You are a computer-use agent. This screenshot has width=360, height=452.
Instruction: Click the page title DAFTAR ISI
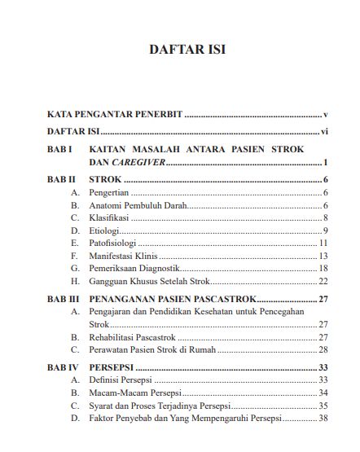click(x=187, y=50)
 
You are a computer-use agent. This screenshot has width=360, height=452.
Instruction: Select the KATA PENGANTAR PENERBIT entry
click(x=114, y=115)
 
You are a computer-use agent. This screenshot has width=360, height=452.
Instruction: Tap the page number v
click(x=325, y=115)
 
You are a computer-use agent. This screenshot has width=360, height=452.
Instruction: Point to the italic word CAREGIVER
click(x=139, y=163)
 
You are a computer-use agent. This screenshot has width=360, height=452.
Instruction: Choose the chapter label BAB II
click(x=62, y=180)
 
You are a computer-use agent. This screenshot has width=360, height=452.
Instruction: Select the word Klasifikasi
click(x=111, y=218)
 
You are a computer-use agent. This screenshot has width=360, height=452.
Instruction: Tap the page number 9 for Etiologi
click(x=325, y=230)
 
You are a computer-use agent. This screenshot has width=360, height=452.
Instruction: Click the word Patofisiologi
click(x=115, y=243)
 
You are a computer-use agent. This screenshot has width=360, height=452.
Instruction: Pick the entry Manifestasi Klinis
click(x=123, y=256)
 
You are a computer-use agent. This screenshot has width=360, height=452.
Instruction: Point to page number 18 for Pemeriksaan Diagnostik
click(x=323, y=268)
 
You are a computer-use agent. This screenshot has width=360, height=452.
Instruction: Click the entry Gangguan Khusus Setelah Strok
click(x=145, y=281)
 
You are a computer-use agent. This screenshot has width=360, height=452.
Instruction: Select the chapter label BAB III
click(x=64, y=299)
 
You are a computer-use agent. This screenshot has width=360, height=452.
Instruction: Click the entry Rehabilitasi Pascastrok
click(x=131, y=336)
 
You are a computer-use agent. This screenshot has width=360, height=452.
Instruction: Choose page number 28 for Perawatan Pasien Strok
click(x=323, y=349)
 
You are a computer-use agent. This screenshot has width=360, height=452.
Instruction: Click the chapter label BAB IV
click(x=63, y=367)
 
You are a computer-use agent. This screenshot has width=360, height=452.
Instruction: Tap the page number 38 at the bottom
click(x=323, y=418)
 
